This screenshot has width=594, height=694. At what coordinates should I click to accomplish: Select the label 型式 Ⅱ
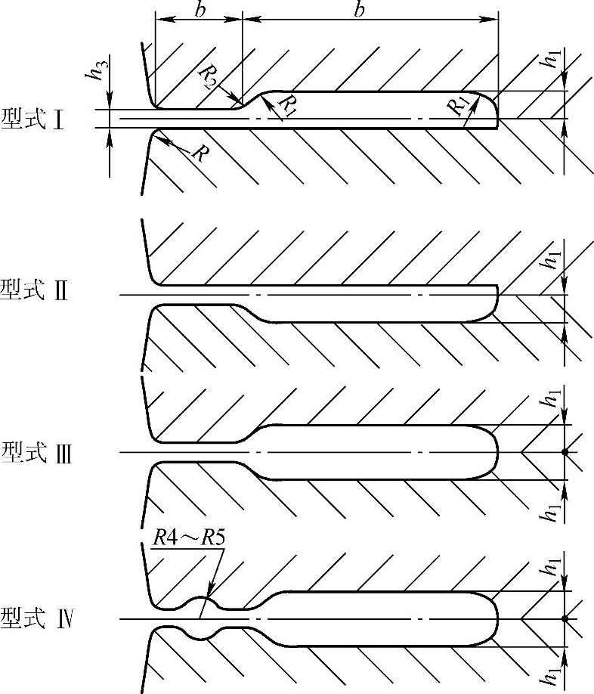tap(34, 290)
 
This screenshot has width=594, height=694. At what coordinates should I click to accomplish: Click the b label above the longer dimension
tap(360, 10)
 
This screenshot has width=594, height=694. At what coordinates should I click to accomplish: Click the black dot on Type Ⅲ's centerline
tap(564, 452)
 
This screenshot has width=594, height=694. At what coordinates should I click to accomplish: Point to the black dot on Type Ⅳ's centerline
tap(564, 619)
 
